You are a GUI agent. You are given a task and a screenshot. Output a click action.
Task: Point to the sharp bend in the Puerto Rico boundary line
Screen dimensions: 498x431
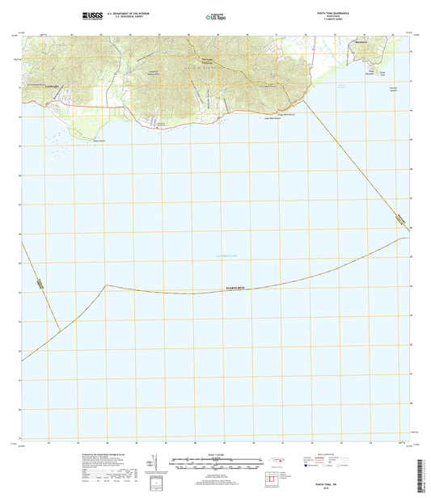pyautogui.click(x=105, y=285)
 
